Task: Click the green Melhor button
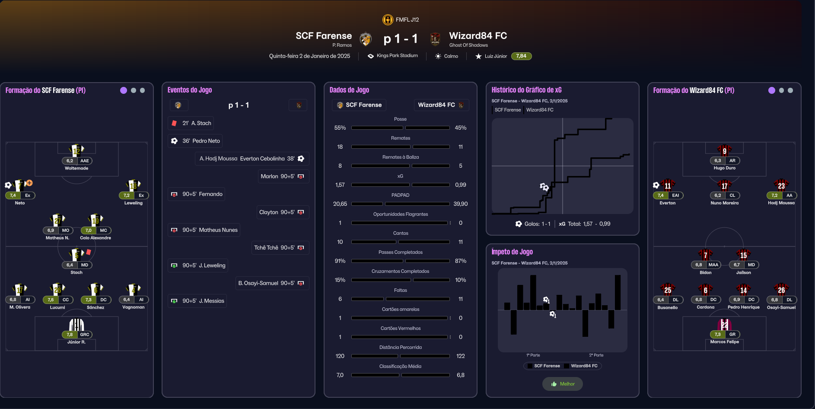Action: pyautogui.click(x=563, y=384)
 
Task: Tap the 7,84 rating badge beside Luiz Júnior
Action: pyautogui.click(x=521, y=56)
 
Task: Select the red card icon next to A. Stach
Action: pyautogui.click(x=174, y=123)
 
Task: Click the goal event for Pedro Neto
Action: pyautogui.click(x=195, y=141)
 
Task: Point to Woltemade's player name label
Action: pyautogui.click(x=76, y=168)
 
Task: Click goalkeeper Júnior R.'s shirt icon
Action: pyautogui.click(x=76, y=325)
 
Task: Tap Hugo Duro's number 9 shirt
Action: pyautogui.click(x=724, y=151)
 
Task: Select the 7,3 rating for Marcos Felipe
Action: pyautogui.click(x=717, y=334)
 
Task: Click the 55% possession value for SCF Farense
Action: pyautogui.click(x=340, y=128)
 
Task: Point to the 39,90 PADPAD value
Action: pyautogui.click(x=460, y=204)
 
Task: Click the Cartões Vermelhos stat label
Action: pyautogui.click(x=401, y=329)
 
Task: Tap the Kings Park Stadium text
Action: pyautogui.click(x=397, y=56)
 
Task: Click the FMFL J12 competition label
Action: pyautogui.click(x=407, y=20)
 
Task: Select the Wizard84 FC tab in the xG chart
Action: pyautogui.click(x=540, y=110)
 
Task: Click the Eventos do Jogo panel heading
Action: pyautogui.click(x=190, y=90)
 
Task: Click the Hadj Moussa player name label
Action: pyautogui.click(x=781, y=203)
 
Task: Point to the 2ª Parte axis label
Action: pyautogui.click(x=596, y=355)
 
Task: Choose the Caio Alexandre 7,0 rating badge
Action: pyautogui.click(x=88, y=230)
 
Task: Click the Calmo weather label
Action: pyautogui.click(x=451, y=56)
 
